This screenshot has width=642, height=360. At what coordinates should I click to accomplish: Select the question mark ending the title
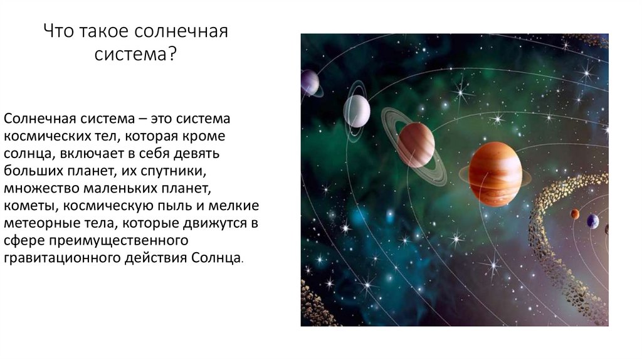(x=172, y=54)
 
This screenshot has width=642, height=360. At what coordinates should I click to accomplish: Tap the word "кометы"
(x=31, y=206)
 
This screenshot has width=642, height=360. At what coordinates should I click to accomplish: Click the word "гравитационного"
(x=62, y=258)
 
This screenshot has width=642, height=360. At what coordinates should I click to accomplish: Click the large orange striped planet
(x=495, y=174)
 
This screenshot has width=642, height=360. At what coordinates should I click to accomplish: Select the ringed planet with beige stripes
(x=416, y=146)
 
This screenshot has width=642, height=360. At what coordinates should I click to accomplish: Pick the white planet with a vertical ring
(x=357, y=111)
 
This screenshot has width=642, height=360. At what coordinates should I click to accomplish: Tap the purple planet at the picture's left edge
(x=310, y=83)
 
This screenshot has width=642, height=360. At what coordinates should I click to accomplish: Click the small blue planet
(x=593, y=221)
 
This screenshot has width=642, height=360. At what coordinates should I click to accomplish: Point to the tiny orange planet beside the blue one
(x=576, y=214)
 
